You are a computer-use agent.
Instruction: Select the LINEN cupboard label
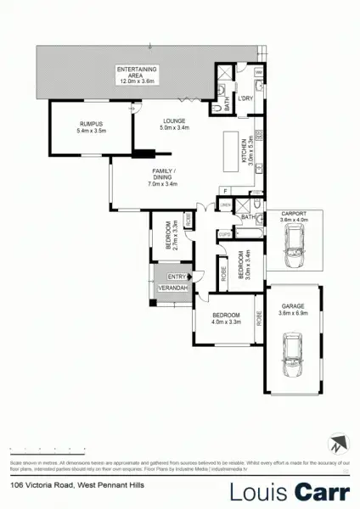[x=225, y=206]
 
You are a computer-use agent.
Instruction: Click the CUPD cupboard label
[x=224, y=233]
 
